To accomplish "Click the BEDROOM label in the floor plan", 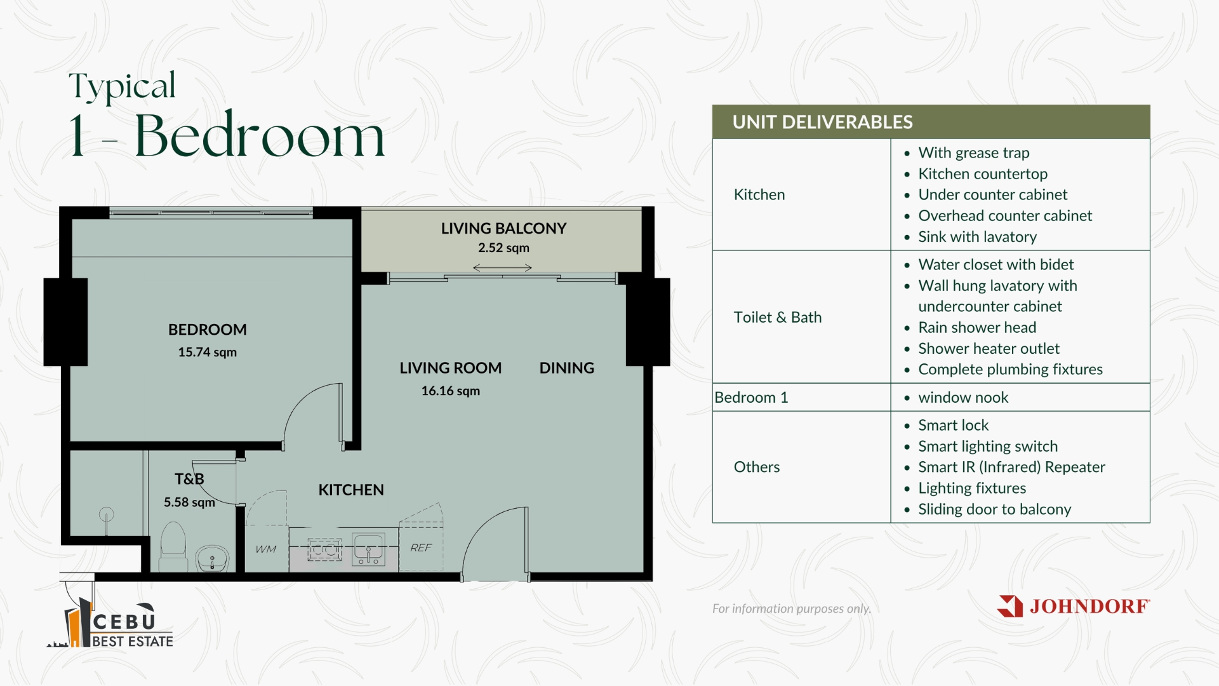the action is click(207, 330).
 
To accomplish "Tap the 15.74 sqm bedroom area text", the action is click(207, 352).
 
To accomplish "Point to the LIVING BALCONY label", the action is click(503, 228).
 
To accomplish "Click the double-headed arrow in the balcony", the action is click(502, 268).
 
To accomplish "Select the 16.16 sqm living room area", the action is click(450, 391).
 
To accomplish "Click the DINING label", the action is click(566, 368).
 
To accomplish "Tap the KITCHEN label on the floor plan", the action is click(351, 490).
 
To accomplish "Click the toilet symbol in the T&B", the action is click(173, 546).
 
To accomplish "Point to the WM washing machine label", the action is click(266, 549).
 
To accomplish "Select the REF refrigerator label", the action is click(420, 548).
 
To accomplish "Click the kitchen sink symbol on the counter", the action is click(368, 549).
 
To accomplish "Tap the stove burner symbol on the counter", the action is click(324, 549).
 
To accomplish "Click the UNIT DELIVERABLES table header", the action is click(822, 122).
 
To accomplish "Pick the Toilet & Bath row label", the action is click(777, 317).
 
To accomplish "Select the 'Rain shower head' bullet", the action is click(977, 327).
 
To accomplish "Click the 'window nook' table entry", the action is click(963, 397).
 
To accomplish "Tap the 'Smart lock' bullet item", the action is click(953, 425).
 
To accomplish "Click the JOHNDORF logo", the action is click(1073, 606).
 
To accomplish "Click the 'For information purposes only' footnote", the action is click(791, 609).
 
